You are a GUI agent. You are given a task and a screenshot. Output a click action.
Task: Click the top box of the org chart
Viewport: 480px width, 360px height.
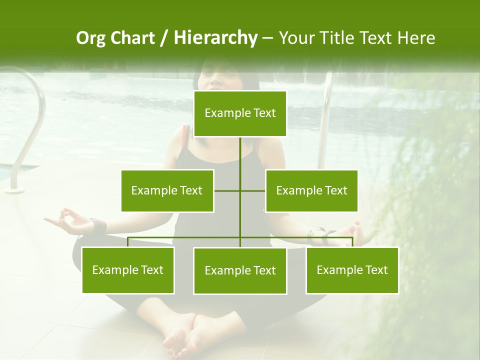click(x=240, y=113)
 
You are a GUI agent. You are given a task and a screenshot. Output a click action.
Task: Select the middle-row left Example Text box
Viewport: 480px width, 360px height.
click(x=167, y=190)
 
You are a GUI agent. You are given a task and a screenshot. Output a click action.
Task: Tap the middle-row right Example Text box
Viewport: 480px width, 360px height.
click(x=311, y=190)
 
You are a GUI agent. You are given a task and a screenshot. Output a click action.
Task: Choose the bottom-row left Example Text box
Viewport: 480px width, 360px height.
click(x=128, y=270)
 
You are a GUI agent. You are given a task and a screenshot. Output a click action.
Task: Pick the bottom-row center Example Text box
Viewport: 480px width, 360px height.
click(x=240, y=270)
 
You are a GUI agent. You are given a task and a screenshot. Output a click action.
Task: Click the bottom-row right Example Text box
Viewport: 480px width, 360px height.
click(x=352, y=270)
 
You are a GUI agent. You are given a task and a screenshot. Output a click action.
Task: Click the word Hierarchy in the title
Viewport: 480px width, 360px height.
click(x=215, y=38)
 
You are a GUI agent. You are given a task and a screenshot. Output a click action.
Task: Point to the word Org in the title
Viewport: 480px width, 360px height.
click(x=91, y=38)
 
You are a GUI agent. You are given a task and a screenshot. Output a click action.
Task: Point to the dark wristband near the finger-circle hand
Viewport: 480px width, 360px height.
click(x=99, y=225)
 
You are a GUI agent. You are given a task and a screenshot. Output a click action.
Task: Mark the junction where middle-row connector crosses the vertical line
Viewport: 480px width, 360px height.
click(x=240, y=190)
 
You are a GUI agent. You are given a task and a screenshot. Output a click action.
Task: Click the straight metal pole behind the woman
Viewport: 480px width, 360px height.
click(x=325, y=120)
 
